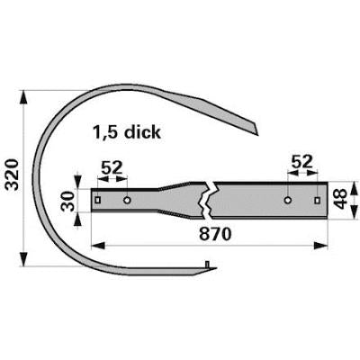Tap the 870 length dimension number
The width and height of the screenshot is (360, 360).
pos(215,234)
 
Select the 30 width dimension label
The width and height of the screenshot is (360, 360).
pos(67,202)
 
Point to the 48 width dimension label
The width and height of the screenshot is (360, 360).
pos(342,199)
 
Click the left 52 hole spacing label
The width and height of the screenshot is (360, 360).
pos(112,168)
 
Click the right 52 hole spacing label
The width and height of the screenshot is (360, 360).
pos(302,162)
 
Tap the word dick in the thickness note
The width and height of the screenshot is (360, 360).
pos(143,131)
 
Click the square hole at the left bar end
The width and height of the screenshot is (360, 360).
pos(98,200)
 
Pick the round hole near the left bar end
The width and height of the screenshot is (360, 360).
pos(127,200)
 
